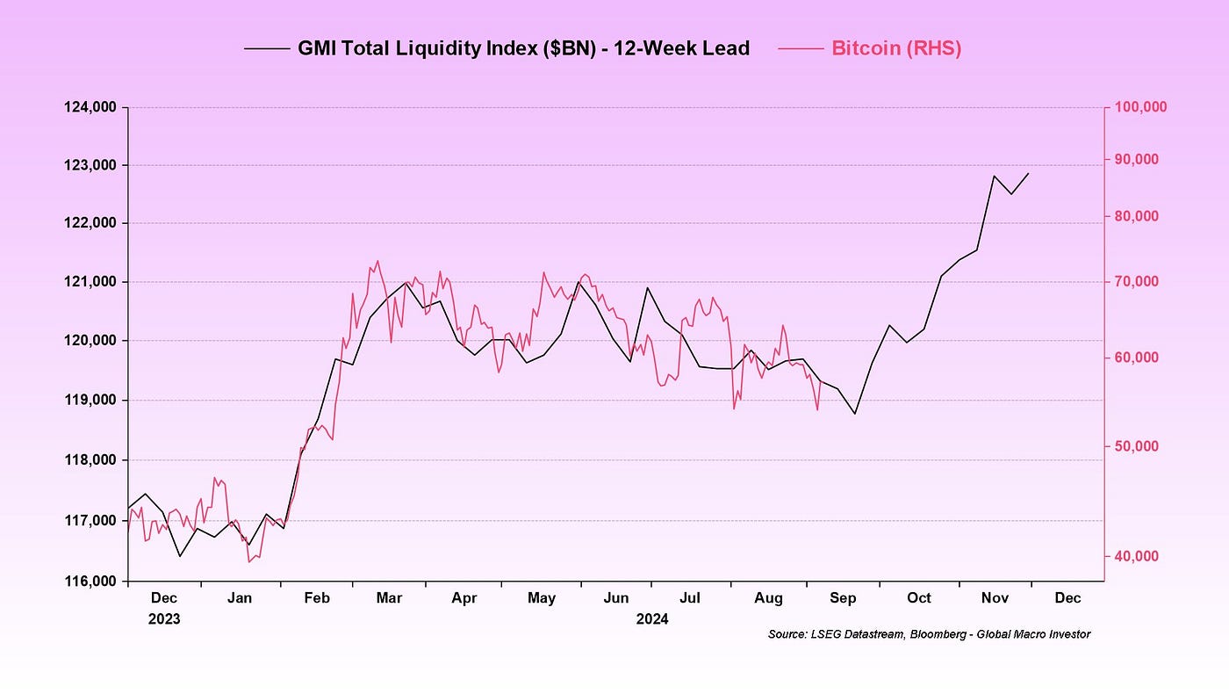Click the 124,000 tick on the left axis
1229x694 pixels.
(90, 108)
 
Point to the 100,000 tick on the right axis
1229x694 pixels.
(1140, 107)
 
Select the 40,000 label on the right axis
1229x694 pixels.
(1137, 556)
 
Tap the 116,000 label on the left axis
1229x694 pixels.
(90, 582)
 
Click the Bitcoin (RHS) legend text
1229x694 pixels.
(895, 49)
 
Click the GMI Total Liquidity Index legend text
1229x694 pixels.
(523, 49)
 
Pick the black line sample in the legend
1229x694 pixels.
(267, 49)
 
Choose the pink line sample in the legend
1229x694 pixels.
(800, 49)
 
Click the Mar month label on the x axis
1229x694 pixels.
(389, 598)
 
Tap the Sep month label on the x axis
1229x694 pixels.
(843, 598)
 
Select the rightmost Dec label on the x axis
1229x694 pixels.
(1067, 598)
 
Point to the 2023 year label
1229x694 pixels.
(164, 618)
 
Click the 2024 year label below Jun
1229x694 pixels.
(652, 618)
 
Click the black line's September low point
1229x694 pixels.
(855, 414)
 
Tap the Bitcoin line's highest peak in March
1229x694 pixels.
(377, 260)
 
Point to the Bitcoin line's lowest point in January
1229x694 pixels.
(249, 561)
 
